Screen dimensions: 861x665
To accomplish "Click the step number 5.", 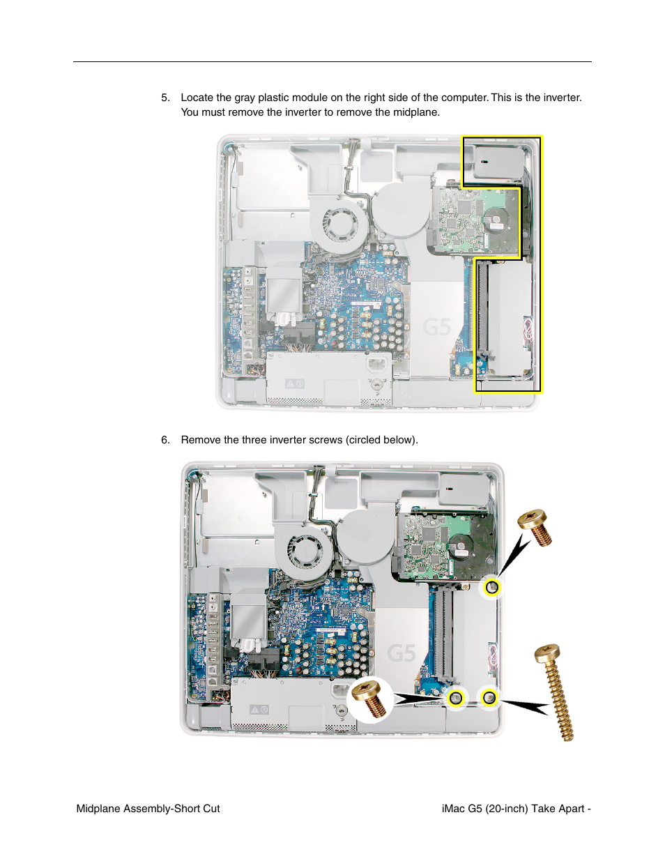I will (165, 98).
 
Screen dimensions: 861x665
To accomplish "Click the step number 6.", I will (165, 440).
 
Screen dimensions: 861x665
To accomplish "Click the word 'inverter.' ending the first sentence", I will (562, 98).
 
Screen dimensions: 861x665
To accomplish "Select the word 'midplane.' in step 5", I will (417, 112).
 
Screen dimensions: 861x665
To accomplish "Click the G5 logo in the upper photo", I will (437, 326).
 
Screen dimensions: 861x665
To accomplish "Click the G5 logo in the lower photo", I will (402, 653).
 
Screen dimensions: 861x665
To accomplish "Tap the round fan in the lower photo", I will (305, 551).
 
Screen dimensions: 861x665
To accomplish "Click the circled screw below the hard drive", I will (492, 588).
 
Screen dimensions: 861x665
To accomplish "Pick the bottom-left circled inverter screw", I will (456, 697).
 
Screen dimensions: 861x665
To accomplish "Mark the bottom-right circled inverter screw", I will (489, 696).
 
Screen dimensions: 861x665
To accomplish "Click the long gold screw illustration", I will (556, 691).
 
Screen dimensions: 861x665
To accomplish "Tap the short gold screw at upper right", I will (535, 527).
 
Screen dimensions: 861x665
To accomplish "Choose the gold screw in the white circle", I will (369, 699).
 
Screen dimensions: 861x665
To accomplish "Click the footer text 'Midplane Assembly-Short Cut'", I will (148, 809).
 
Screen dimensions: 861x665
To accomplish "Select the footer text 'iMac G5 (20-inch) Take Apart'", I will (513, 809).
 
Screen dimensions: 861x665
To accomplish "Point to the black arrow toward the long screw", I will (526, 706).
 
